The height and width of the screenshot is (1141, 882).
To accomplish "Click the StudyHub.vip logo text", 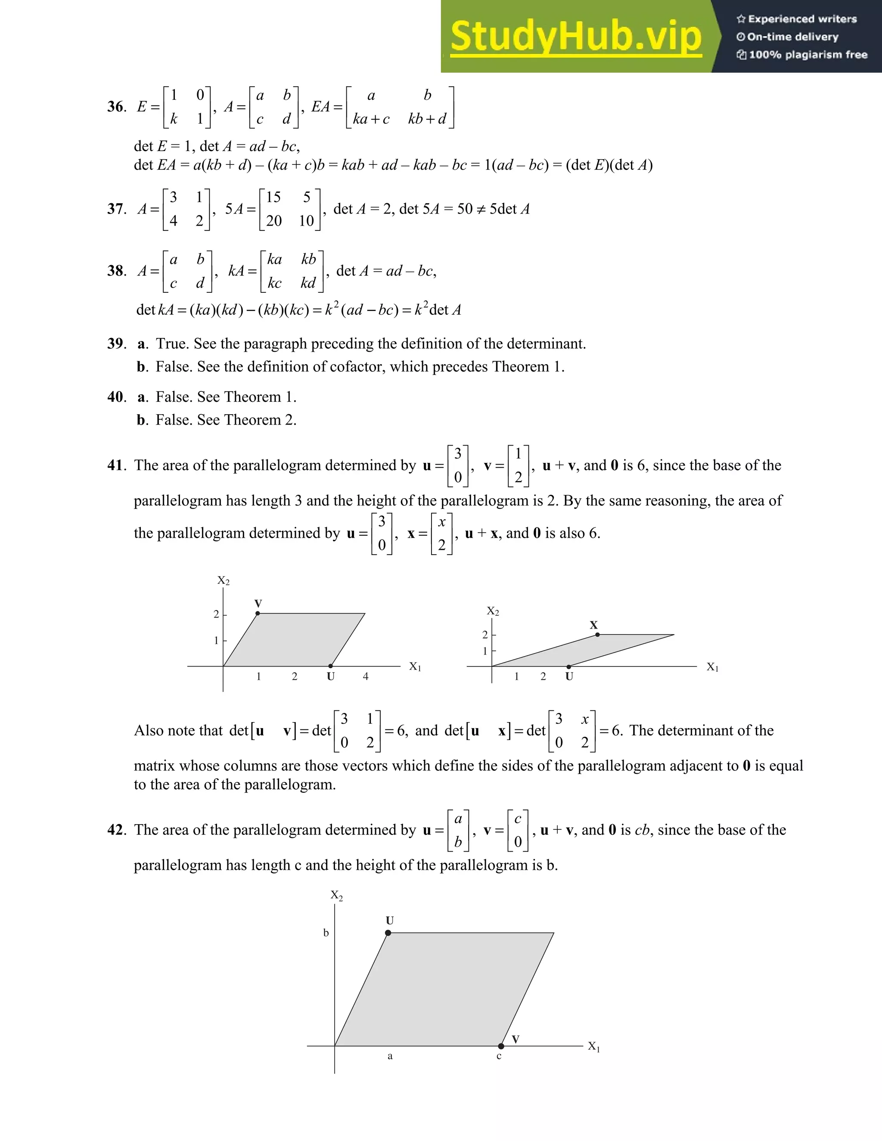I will click(576, 37).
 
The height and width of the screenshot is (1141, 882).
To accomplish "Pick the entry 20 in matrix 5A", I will click(274, 221).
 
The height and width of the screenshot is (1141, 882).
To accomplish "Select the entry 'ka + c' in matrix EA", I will click(371, 119).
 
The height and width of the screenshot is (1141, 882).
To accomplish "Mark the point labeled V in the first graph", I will click(258, 613).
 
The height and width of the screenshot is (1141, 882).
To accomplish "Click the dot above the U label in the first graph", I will click(330, 666).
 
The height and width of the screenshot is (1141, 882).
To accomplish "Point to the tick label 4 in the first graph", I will click(366, 676).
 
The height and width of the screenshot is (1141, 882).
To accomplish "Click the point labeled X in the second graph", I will click(598, 635).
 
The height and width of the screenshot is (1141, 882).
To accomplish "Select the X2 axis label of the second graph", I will click(493, 611).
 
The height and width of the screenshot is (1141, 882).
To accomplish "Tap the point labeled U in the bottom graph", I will click(388, 933).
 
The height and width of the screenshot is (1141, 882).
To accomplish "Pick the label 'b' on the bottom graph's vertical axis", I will click(326, 933).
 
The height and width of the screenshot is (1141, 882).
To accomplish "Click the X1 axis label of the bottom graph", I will click(593, 1046).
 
